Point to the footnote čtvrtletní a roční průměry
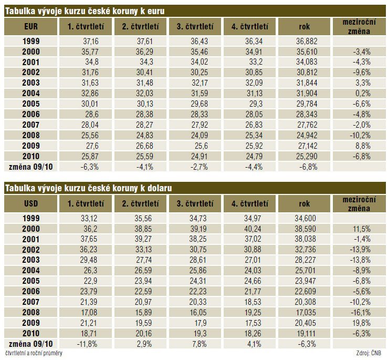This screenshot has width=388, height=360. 34,353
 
